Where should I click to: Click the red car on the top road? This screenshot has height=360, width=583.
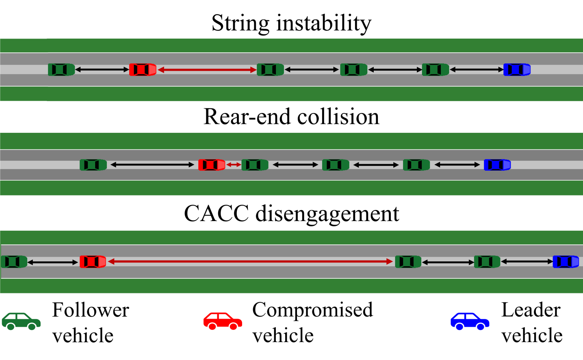(x=143, y=69)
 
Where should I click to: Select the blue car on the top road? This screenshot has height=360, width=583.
(x=517, y=69)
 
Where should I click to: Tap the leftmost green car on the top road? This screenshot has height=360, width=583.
(x=61, y=69)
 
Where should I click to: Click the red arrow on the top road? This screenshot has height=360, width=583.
(x=207, y=70)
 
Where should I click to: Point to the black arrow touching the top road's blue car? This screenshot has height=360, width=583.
(x=477, y=69)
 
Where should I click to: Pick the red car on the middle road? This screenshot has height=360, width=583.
(x=212, y=165)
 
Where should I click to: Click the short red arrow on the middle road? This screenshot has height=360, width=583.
(x=234, y=165)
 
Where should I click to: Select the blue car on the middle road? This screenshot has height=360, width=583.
(x=497, y=165)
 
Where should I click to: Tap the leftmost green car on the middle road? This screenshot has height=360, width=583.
(x=93, y=165)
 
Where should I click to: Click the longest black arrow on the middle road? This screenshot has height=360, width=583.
(x=152, y=165)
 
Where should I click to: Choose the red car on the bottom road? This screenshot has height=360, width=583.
(x=93, y=262)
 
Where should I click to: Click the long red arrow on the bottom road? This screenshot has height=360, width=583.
(x=250, y=262)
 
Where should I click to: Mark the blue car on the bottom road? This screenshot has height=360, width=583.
(x=566, y=262)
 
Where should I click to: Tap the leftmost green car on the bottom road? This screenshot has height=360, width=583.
(x=14, y=262)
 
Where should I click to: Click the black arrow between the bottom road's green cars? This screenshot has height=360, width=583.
(x=448, y=262)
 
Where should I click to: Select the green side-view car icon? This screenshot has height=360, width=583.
(x=21, y=321)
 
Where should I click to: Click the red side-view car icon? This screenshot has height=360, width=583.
(x=223, y=321)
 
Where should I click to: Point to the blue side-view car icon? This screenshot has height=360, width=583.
(x=470, y=321)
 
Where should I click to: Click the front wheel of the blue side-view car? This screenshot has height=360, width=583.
(x=481, y=326)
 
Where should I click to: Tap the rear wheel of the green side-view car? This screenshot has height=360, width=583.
(x=11, y=326)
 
